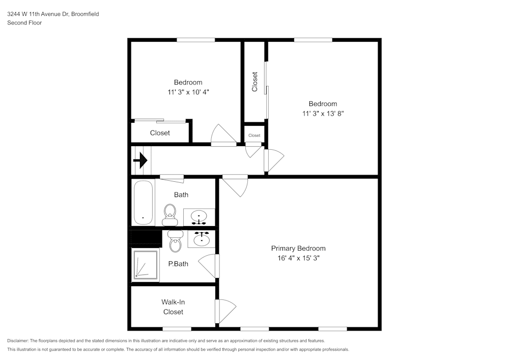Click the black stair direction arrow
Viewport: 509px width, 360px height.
140,160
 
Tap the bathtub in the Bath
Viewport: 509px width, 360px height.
143,203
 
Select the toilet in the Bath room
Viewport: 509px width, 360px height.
170,215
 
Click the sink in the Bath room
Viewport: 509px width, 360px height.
199,217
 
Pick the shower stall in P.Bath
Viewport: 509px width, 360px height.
146,265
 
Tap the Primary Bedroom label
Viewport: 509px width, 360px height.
298,248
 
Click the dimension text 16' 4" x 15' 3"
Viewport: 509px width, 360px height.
299,258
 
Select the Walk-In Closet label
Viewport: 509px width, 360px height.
173,307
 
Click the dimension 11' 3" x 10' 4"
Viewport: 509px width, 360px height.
188,92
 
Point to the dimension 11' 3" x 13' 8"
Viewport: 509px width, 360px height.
323,114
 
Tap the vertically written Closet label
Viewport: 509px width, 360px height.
255,82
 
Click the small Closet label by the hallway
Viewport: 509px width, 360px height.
254,135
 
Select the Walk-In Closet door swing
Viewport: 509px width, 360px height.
225,311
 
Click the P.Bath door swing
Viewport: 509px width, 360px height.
209,266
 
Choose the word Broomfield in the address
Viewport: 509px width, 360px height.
85,14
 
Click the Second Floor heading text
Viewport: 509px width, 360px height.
24,23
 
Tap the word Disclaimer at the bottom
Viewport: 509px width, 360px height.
17,341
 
